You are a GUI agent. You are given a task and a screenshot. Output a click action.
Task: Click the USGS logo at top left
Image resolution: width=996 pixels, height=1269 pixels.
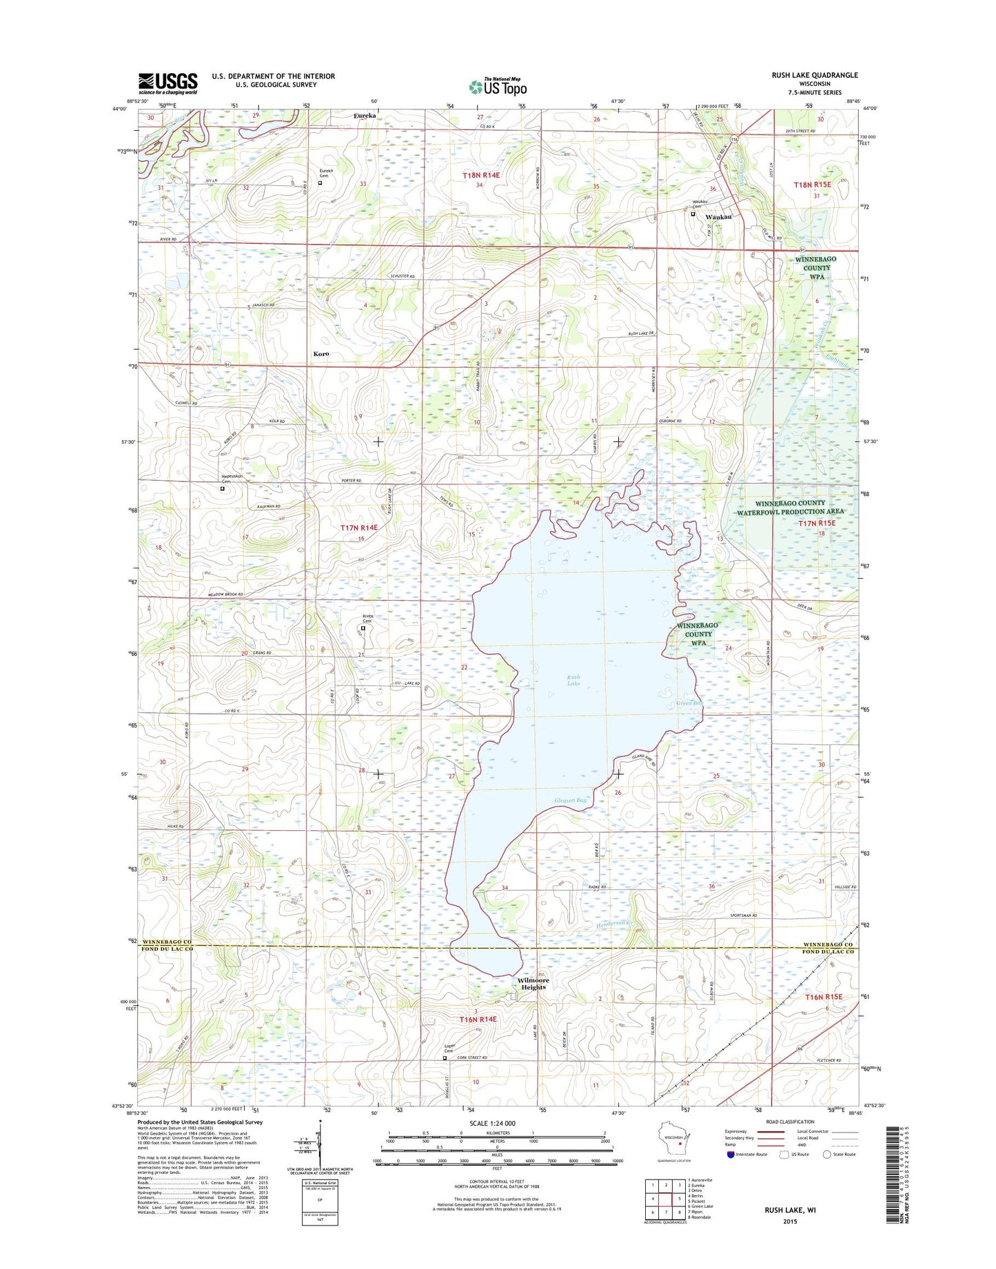(x=167, y=83)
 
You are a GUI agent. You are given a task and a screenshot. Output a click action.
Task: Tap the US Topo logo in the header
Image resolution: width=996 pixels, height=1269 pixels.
(x=498, y=87)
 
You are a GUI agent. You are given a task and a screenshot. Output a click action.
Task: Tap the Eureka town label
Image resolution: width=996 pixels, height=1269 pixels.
(x=365, y=116)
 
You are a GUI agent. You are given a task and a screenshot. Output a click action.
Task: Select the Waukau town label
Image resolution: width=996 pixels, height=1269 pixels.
(x=718, y=217)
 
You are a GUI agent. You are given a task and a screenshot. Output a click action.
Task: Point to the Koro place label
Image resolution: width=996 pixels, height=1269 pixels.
(x=321, y=353)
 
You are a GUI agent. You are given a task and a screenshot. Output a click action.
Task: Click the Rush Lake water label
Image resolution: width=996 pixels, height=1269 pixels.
(x=573, y=680)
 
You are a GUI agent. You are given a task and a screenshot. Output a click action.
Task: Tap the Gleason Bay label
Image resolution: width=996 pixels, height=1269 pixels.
(x=571, y=800)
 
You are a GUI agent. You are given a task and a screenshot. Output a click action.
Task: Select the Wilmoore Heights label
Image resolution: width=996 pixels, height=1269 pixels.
(x=533, y=983)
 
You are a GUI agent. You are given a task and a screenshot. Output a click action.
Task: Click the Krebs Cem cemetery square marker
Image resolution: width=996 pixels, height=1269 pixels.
(x=363, y=628)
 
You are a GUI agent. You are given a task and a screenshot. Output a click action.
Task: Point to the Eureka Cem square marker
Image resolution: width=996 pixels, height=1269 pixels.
(x=320, y=183)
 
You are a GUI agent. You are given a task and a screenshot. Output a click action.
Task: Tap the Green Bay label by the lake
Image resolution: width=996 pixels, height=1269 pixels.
(x=688, y=703)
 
